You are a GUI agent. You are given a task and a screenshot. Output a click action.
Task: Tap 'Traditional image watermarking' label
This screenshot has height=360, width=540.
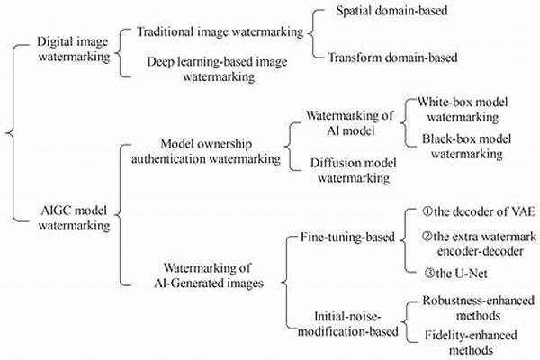220,31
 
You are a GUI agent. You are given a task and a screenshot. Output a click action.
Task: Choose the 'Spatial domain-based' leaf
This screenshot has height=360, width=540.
391,13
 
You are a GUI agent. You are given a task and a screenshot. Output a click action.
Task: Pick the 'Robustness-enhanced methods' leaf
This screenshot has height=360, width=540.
478,308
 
